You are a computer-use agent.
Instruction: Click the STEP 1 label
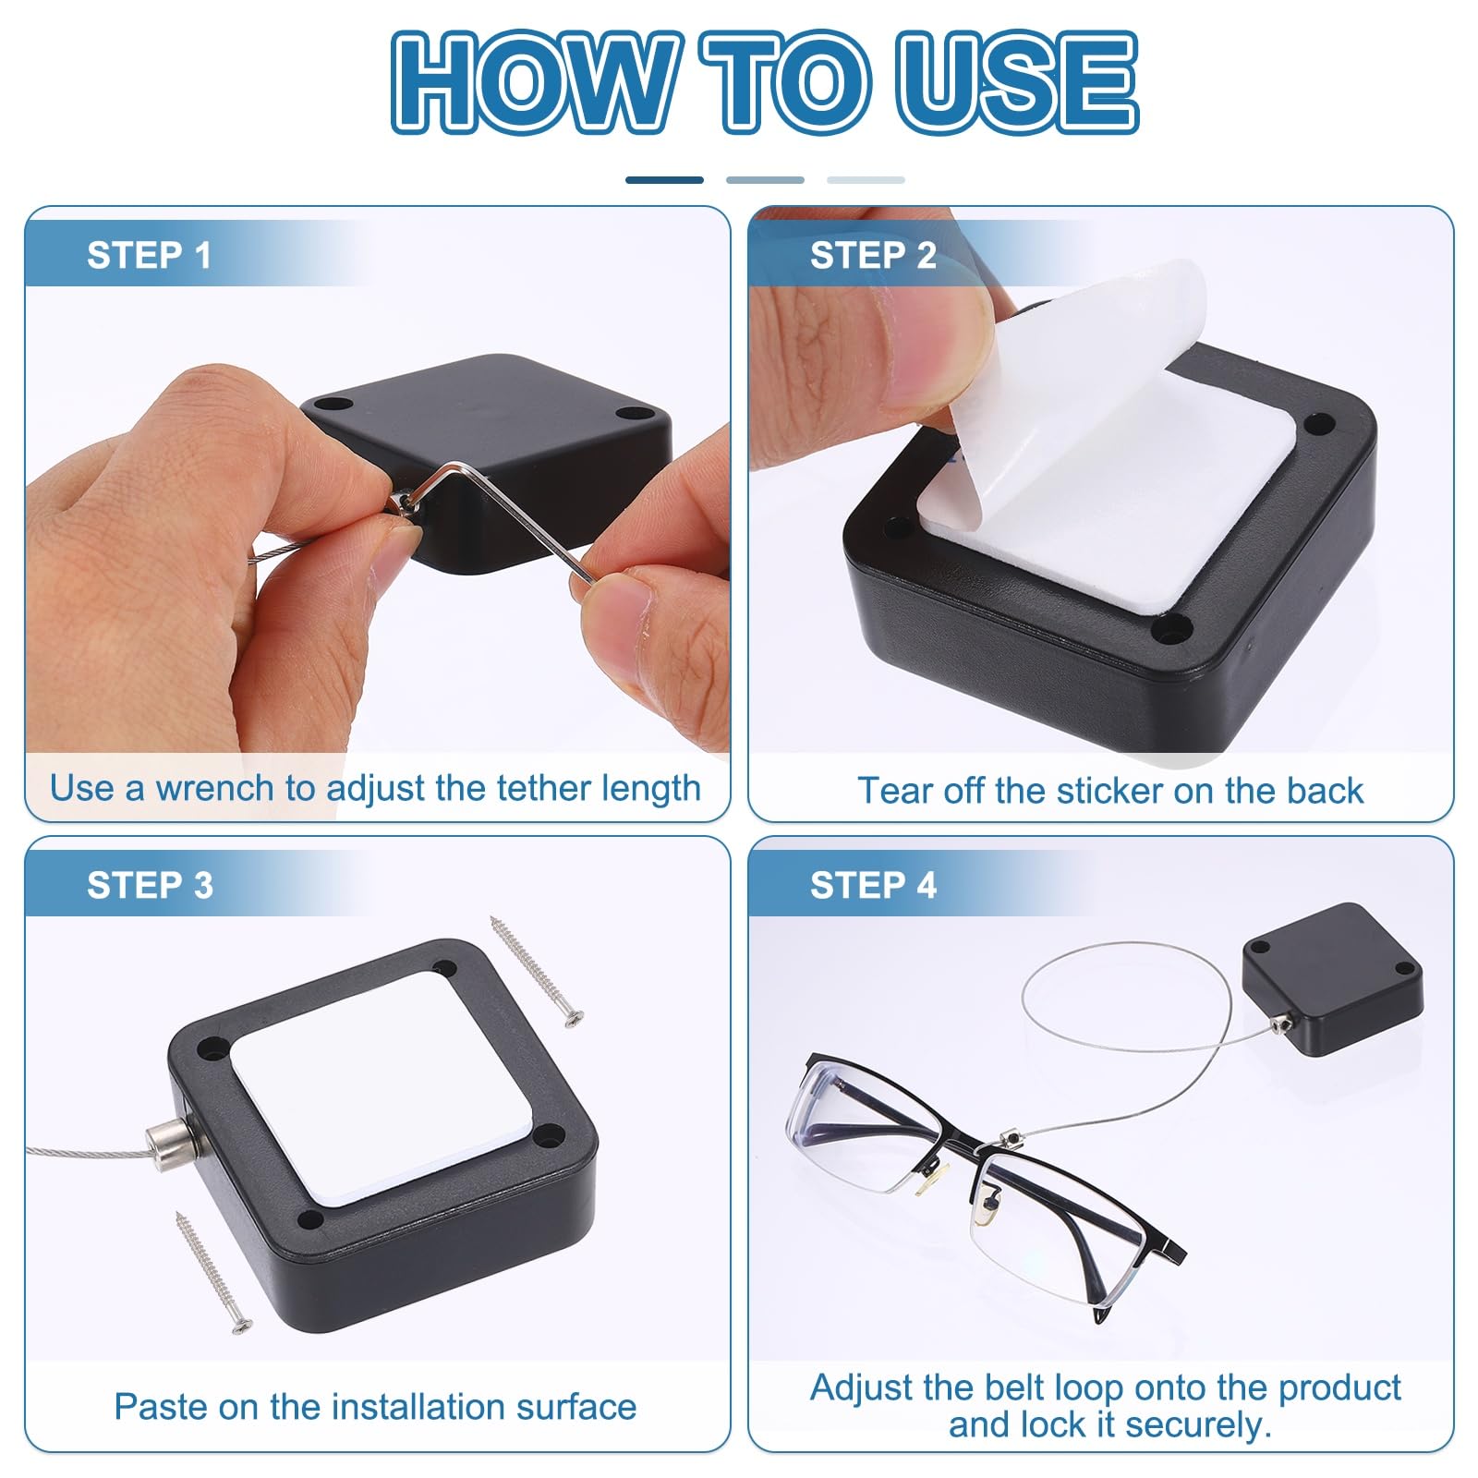(149, 255)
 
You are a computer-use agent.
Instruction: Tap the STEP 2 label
(873, 255)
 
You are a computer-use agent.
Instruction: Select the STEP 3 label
(150, 885)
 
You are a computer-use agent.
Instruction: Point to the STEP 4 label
(873, 885)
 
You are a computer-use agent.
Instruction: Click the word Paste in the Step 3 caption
(161, 1407)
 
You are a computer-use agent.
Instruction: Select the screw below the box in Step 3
(213, 1272)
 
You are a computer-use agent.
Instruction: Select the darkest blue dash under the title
(664, 180)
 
